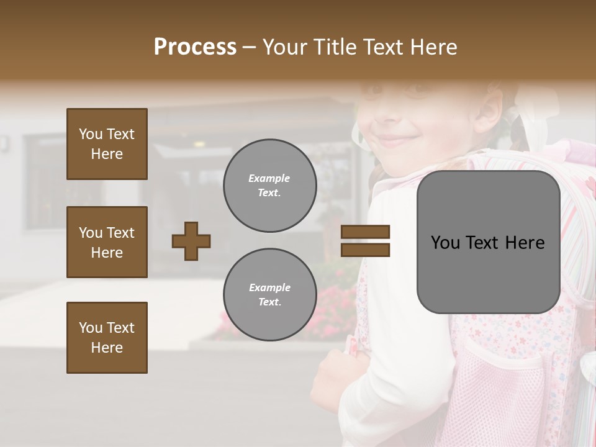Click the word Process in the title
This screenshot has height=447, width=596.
[195, 47]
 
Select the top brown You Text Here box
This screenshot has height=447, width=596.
[107, 144]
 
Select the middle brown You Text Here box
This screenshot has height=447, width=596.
[107, 242]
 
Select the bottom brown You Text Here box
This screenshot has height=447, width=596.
[107, 338]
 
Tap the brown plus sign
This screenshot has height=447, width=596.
[191, 241]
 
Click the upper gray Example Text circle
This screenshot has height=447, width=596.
[269, 186]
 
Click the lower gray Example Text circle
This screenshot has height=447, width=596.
[269, 295]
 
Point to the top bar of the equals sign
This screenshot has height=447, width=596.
[365, 232]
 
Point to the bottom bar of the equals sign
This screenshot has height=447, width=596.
[365, 250]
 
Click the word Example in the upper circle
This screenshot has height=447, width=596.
[269, 178]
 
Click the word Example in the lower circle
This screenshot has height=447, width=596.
[269, 287]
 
